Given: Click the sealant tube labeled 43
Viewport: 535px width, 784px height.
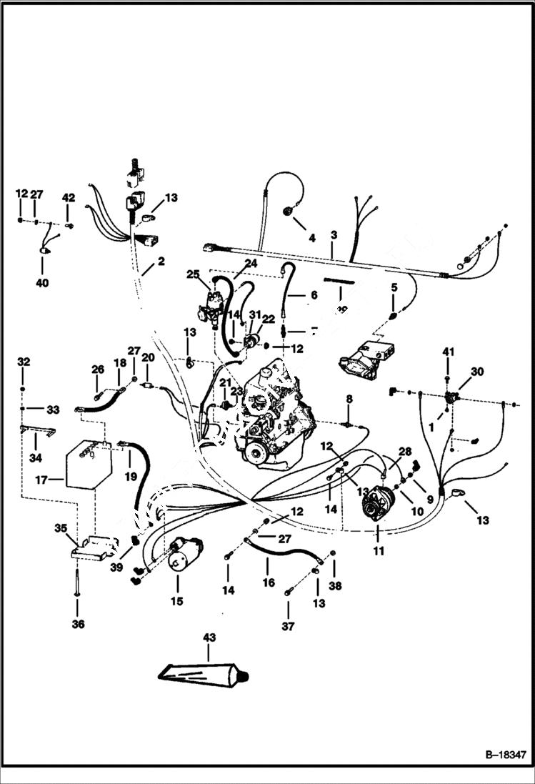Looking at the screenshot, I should click(202, 674).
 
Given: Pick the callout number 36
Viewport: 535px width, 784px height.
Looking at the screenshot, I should click(78, 624).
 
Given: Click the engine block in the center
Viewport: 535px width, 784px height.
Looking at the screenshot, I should click(275, 422).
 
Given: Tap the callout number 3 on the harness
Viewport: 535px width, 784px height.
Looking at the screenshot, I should click(334, 234).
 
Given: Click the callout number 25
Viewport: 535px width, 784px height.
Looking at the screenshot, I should click(193, 274).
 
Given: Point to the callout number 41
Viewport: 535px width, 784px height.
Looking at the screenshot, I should click(448, 352).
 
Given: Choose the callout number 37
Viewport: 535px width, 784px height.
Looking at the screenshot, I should click(288, 627).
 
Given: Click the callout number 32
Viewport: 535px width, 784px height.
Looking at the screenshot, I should click(24, 362).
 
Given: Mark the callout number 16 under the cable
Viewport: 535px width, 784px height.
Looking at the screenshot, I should click(269, 582).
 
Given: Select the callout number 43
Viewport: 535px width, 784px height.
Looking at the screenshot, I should click(209, 637).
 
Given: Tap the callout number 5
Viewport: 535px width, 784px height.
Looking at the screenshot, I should click(394, 287).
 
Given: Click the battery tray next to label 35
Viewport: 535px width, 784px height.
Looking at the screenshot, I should click(94, 547).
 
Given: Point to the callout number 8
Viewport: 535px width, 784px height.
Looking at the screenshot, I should click(349, 398).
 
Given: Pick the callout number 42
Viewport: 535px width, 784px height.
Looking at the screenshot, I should click(69, 197).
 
